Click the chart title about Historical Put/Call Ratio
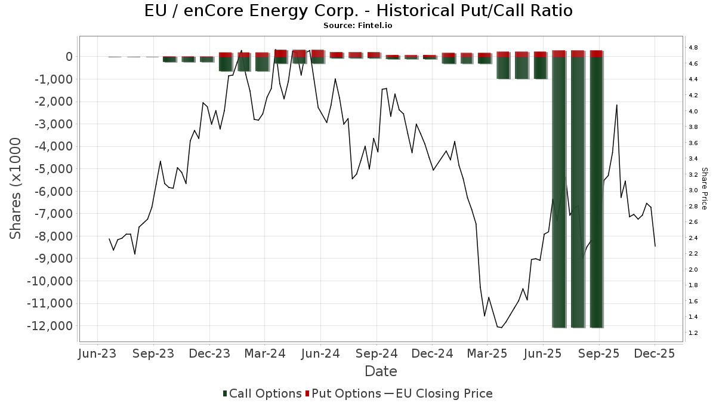358,11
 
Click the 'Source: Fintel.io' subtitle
358,26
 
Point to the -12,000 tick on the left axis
51,326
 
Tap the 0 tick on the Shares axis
69,57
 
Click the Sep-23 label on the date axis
153,353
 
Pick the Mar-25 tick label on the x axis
487,353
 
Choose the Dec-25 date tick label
655,353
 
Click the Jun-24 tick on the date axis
320,353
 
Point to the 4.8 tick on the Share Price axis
693,48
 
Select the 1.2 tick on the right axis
693,333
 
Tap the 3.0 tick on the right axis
693,190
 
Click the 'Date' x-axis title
381,371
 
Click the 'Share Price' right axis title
704,188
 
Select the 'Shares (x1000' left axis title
16,188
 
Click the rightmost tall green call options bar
596,191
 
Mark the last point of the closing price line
655,246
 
